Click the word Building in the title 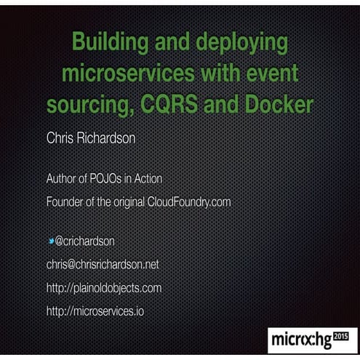pyautogui.click(x=113, y=44)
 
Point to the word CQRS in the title pyautogui.click(x=172, y=105)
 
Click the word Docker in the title pyautogui.click(x=274, y=105)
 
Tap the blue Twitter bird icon pyautogui.click(x=51, y=239)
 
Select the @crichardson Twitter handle pyautogui.click(x=85, y=240)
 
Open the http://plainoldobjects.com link pyautogui.click(x=104, y=288)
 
